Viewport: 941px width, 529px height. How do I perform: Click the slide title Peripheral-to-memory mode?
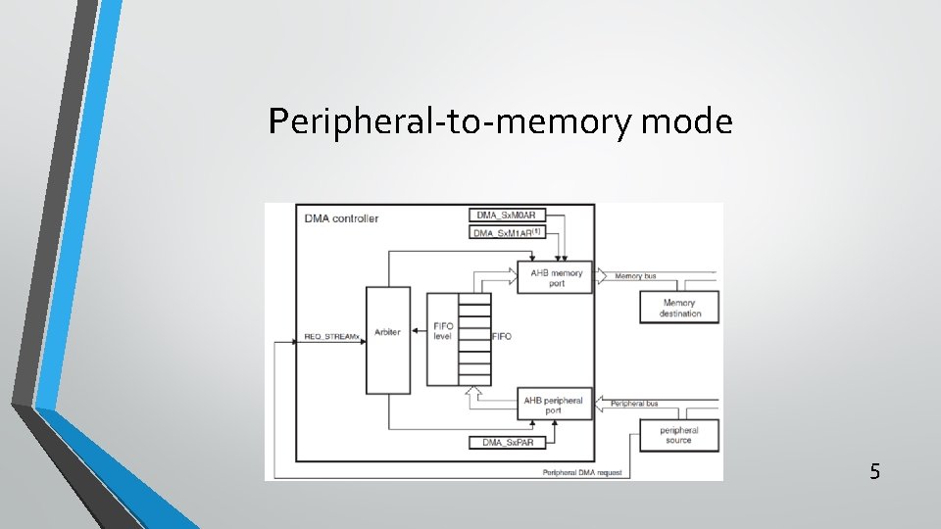click(500, 121)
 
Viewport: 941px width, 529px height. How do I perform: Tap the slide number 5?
click(874, 472)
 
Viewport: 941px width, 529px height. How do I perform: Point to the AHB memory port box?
click(555, 278)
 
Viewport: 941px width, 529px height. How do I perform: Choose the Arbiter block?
click(387, 333)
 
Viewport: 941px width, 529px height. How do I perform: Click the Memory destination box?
click(679, 308)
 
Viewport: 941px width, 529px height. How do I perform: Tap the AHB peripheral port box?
click(555, 405)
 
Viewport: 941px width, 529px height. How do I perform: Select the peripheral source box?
click(678, 435)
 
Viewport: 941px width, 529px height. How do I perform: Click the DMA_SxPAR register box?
click(508, 443)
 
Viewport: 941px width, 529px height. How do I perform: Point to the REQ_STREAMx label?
click(332, 336)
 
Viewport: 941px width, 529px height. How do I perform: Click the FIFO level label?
click(442, 331)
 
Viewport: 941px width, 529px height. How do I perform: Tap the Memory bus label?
click(635, 276)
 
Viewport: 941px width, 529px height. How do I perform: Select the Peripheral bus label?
click(634, 404)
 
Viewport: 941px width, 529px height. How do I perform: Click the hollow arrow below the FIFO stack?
click(474, 394)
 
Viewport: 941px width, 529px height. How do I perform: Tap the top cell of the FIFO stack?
click(474, 299)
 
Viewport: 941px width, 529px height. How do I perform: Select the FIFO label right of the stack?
click(502, 336)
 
